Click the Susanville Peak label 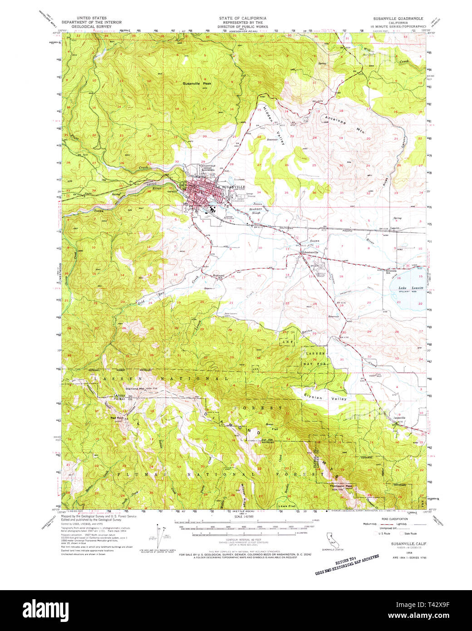(197, 84)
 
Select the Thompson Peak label (341, 486)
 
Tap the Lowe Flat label (286, 505)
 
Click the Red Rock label (117, 418)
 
